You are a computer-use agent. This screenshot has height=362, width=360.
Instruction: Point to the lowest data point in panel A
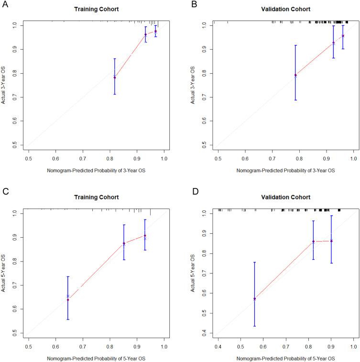(115, 77)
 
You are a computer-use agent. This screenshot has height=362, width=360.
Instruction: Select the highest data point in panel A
(155, 31)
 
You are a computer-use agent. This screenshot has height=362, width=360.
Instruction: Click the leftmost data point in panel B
(295, 75)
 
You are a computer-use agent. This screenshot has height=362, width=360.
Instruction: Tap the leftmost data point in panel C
(68, 299)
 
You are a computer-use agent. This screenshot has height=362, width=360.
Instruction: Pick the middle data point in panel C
(124, 243)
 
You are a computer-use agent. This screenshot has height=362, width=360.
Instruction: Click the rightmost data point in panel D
(331, 241)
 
